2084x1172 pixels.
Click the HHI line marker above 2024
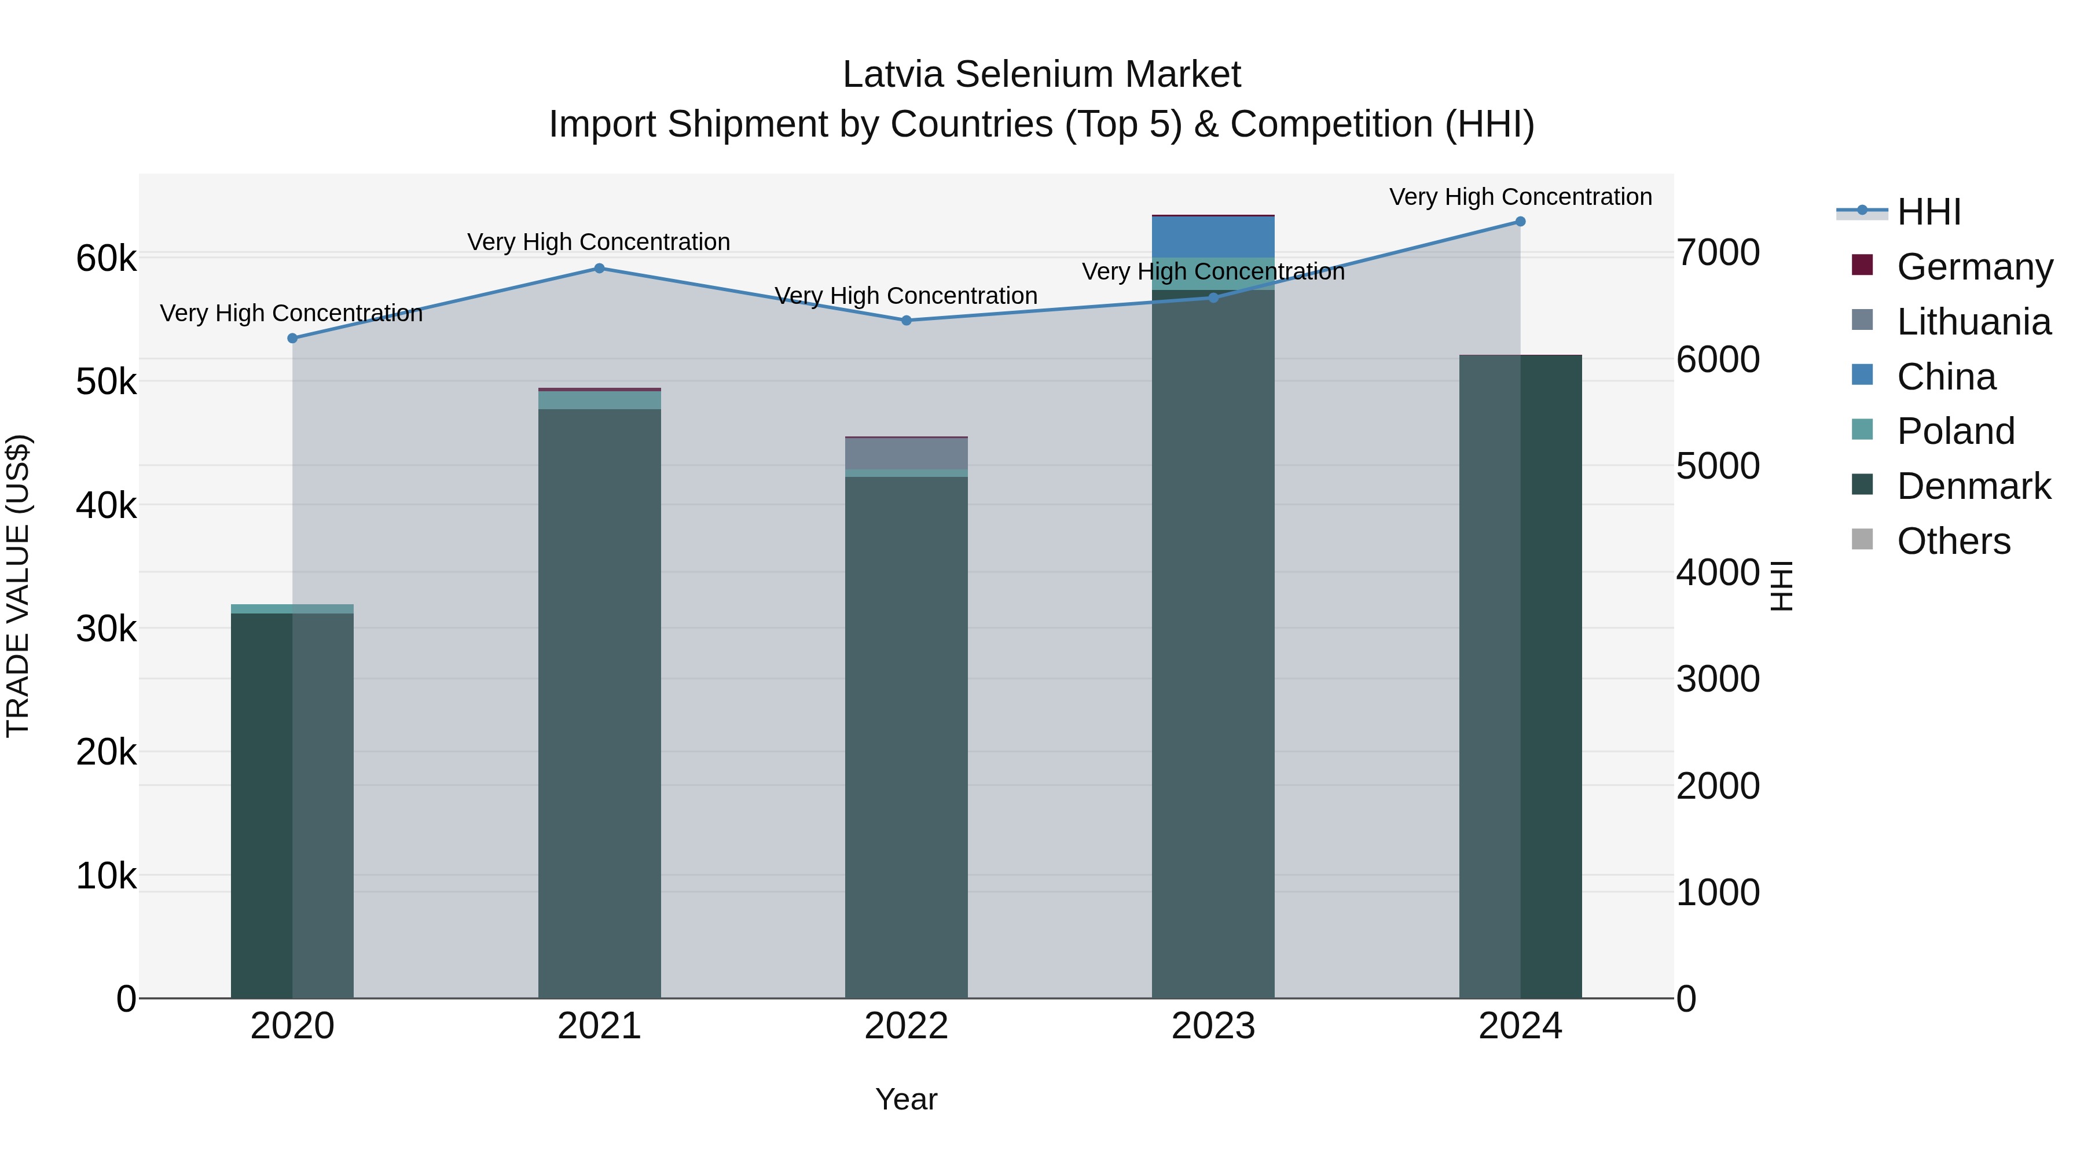point(1520,222)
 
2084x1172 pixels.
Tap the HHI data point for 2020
point(293,338)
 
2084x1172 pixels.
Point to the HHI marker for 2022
point(906,320)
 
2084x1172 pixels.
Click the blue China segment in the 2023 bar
point(1213,237)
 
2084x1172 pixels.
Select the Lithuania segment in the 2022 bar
point(906,454)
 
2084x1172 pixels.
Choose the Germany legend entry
point(1974,267)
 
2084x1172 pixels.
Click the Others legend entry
point(1953,541)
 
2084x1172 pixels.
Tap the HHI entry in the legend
point(1929,212)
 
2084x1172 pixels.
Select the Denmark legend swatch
point(1862,486)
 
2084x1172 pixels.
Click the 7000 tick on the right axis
point(1718,252)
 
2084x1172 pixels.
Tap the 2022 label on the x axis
point(906,1026)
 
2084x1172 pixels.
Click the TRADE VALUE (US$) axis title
point(18,586)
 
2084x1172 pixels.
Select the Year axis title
point(906,1099)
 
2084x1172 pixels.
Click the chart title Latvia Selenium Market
point(1041,75)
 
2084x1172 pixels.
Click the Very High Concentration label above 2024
point(1520,197)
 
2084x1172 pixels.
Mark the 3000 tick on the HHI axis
point(1718,679)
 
